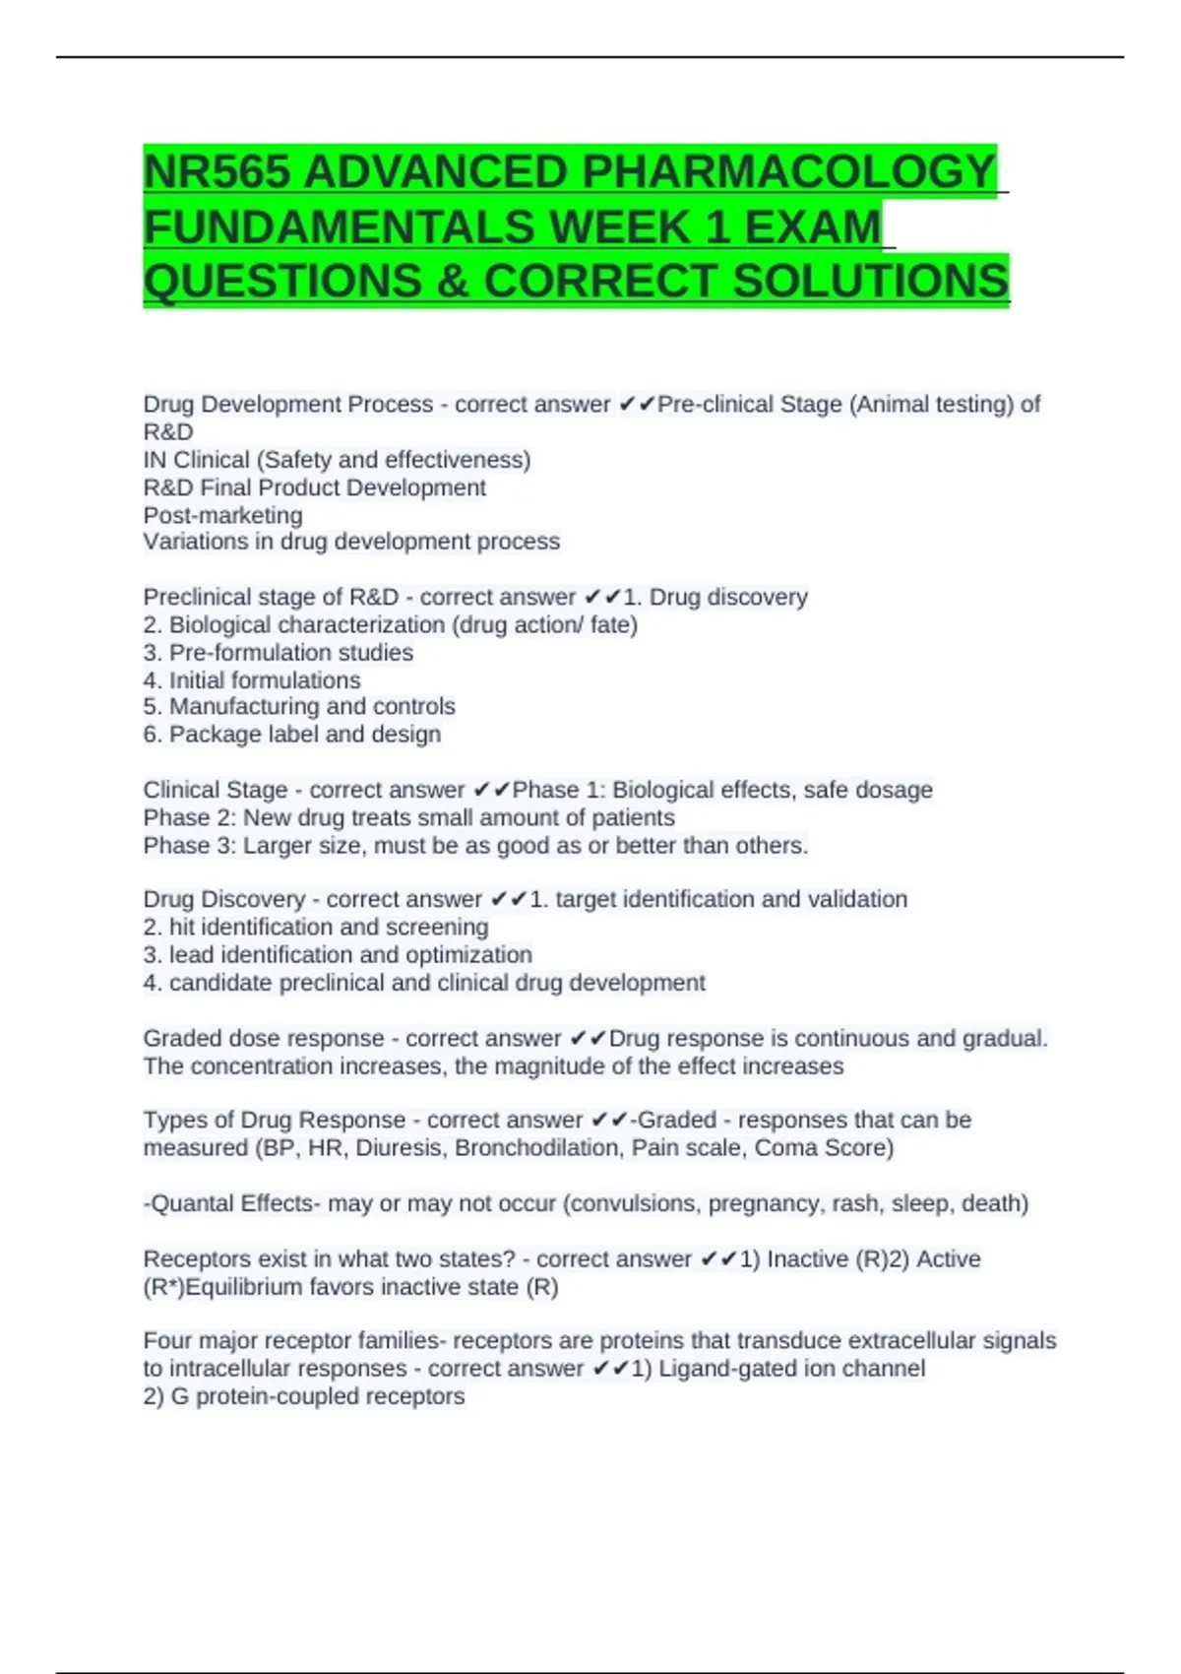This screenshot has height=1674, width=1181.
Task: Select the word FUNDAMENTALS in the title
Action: click(341, 227)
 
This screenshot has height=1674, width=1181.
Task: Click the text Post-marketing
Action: click(223, 515)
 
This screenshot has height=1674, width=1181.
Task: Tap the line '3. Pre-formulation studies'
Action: click(278, 653)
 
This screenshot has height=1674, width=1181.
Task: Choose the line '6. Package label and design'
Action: click(291, 735)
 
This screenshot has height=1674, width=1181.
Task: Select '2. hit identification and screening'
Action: click(315, 928)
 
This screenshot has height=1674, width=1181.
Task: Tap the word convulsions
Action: click(633, 1203)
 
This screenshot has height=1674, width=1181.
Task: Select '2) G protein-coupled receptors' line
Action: click(303, 1396)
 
